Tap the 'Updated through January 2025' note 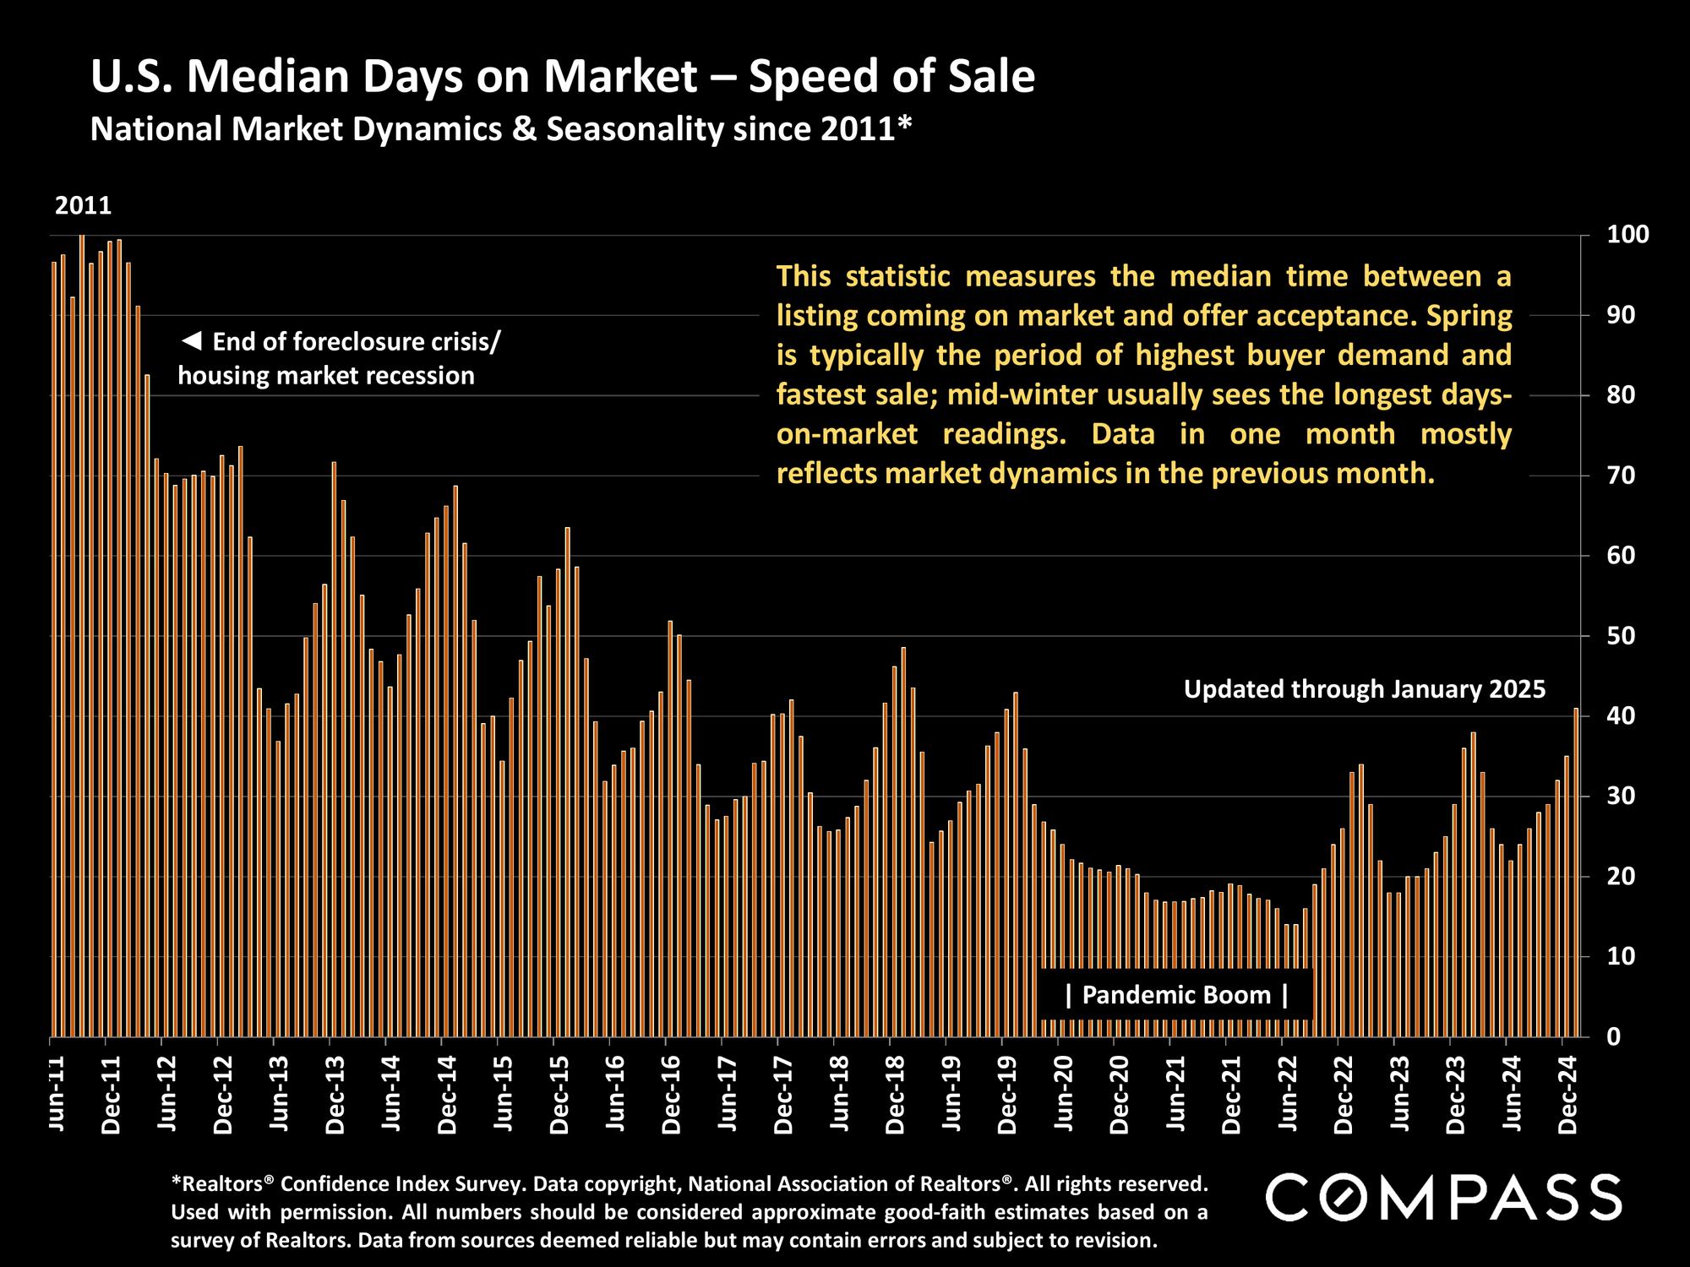[x=1364, y=689]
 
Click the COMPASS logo [x=1443, y=1197]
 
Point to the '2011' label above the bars [x=83, y=206]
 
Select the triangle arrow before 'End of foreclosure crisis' [x=192, y=342]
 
